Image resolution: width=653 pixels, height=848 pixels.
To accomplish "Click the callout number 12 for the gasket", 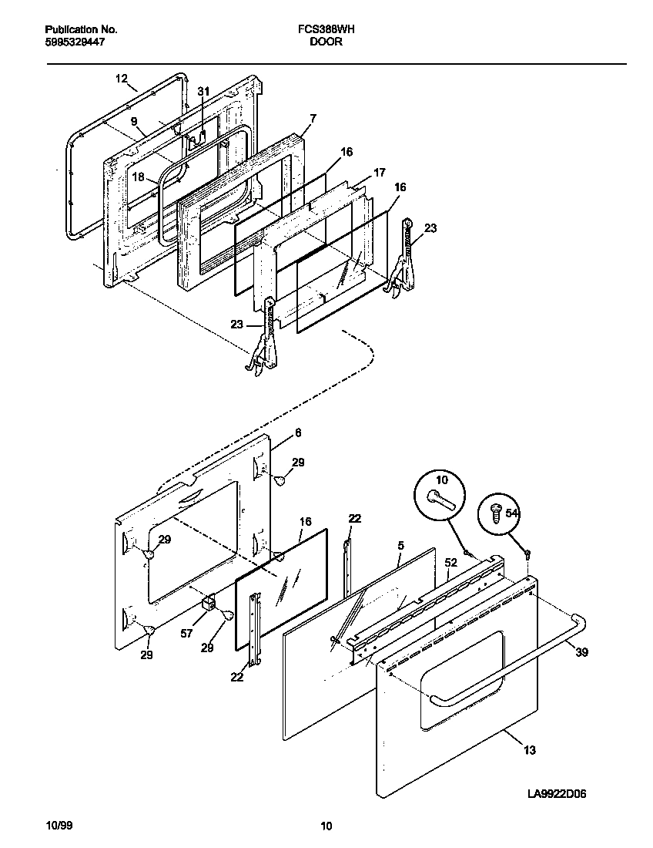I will point(121,79).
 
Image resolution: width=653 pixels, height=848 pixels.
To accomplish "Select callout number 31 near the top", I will point(203,92).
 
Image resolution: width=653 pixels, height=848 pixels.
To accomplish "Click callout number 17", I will point(380,173).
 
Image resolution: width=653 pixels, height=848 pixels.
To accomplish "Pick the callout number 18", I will point(137,177).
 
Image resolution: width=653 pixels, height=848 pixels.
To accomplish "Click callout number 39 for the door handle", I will point(581,652).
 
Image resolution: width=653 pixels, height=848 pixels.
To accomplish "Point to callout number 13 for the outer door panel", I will point(530,749).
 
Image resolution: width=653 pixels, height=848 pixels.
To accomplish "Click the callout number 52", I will point(450,564).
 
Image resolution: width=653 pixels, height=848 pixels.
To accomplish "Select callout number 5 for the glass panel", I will point(400,546).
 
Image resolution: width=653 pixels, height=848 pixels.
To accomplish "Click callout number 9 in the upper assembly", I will point(133,122).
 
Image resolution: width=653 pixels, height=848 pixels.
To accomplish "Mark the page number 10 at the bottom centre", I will point(326,827).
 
